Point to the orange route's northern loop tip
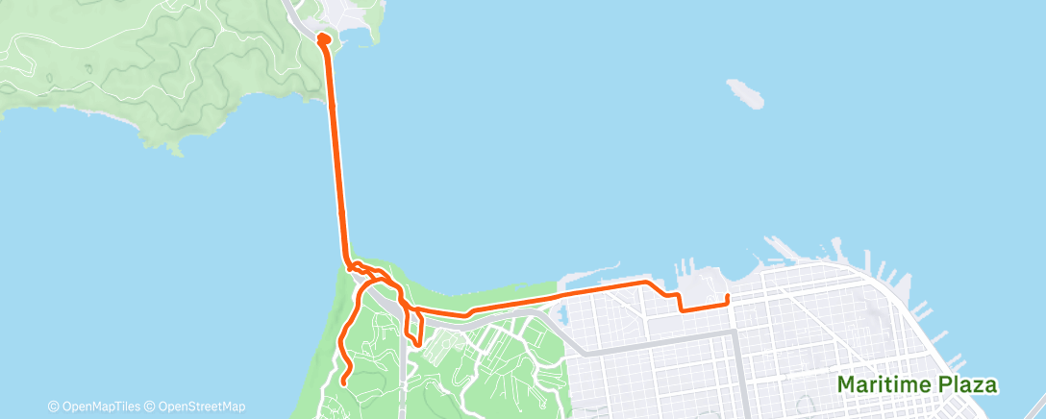pyautogui.click(x=323, y=38)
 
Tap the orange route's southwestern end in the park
pyautogui.click(x=343, y=383)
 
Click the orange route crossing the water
pyautogui.click(x=336, y=154)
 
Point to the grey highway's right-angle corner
pyautogui.click(x=735, y=333)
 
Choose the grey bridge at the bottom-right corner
pyautogui.click(x=1034, y=406)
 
